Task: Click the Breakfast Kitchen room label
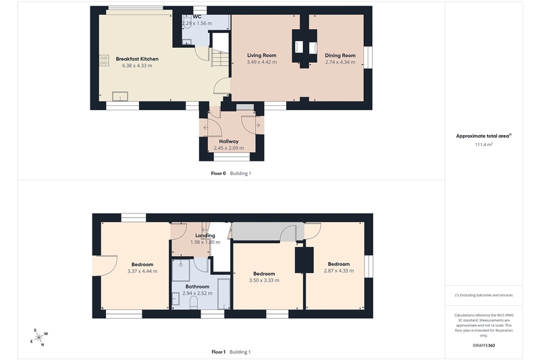(x=137, y=59)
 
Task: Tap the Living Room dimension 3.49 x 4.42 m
(x=262, y=62)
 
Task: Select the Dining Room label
(x=340, y=55)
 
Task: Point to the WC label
(x=197, y=16)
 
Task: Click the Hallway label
(x=229, y=141)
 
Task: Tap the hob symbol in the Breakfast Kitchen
(x=104, y=60)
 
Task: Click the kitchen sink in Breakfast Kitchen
(x=120, y=96)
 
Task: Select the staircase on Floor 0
(x=220, y=58)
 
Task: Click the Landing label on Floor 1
(x=205, y=236)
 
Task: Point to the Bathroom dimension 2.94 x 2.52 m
(x=197, y=294)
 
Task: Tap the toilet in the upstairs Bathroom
(x=193, y=303)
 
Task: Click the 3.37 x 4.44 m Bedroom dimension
(x=142, y=271)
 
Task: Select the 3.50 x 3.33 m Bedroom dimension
(x=264, y=280)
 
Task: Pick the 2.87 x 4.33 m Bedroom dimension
(x=339, y=271)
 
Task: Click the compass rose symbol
(x=38, y=337)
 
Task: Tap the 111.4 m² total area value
(x=484, y=145)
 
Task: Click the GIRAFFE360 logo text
(x=484, y=345)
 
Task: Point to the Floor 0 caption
(x=218, y=174)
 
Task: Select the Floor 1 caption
(x=218, y=352)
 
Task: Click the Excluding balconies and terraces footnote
(x=484, y=295)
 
